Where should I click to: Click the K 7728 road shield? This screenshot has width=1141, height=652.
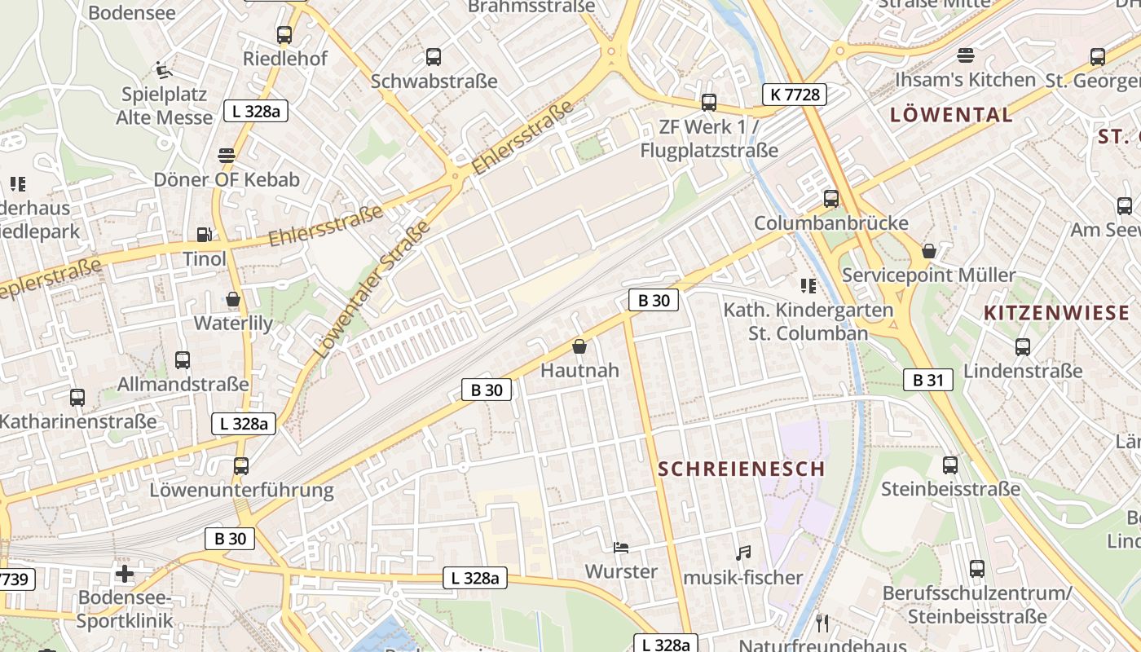pos(795,95)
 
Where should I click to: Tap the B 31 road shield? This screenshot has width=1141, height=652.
pos(927,379)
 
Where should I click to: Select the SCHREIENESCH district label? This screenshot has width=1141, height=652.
pos(741,469)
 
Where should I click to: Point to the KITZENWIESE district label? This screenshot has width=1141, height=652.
pos(1056,313)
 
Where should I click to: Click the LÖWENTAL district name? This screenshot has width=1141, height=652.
pos(951,115)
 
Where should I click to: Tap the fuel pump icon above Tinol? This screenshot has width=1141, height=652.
pos(204,235)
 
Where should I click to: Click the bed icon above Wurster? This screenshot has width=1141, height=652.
pos(621,548)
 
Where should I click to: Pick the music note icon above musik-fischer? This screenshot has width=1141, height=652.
pos(742,553)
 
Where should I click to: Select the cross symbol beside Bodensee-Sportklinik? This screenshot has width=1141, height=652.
pos(124,574)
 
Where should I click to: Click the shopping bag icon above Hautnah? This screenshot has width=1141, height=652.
pos(579,347)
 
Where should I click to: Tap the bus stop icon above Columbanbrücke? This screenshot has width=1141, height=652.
pos(831,198)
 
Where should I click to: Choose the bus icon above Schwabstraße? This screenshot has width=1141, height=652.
pos(434,57)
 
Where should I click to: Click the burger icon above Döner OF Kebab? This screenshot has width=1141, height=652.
pos(227,156)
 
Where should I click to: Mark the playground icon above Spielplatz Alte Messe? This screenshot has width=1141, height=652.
pos(163,70)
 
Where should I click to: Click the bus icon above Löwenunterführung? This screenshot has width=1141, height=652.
pos(241,466)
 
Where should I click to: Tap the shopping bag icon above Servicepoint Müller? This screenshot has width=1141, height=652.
pos(928,251)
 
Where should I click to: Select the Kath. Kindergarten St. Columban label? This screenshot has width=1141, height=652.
pos(808,321)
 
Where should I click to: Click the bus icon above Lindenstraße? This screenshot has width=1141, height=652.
pos(1023,347)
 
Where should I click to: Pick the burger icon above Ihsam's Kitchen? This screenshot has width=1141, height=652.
pos(966,55)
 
